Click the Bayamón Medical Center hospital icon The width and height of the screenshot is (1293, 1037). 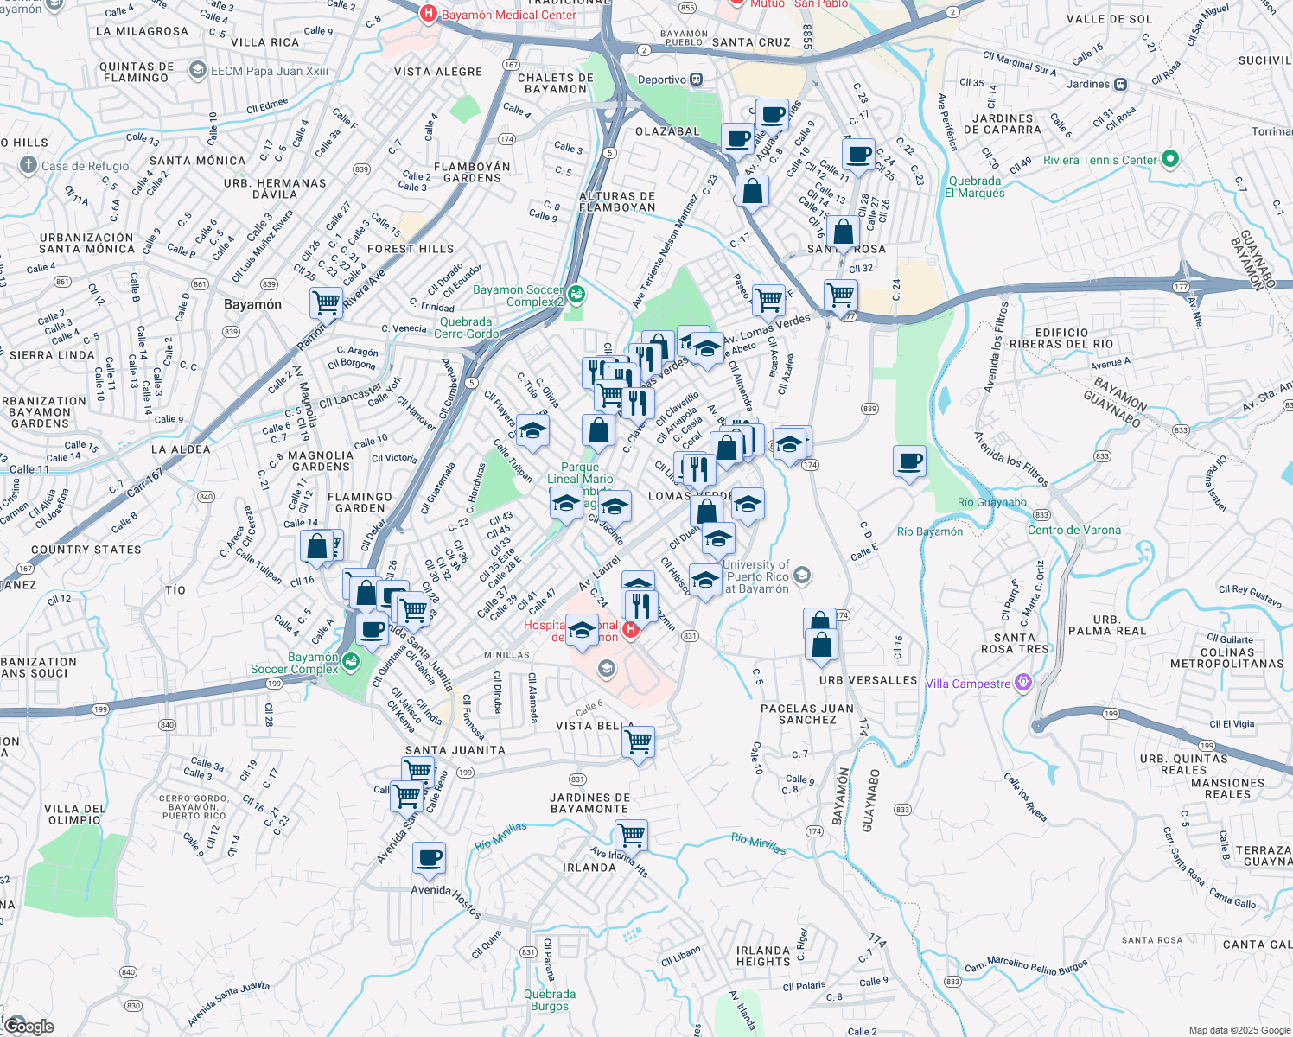[427, 14]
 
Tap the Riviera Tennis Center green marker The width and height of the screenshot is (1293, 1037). [1170, 159]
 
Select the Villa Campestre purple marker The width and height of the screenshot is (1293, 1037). [1023, 683]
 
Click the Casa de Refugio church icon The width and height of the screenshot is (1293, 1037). [29, 165]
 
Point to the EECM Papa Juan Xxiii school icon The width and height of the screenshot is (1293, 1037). [198, 70]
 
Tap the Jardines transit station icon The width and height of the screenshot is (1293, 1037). [1121, 84]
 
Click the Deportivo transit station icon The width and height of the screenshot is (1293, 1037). [697, 80]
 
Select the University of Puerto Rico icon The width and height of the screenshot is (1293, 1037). [802, 575]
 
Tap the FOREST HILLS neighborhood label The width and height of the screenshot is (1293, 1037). [411, 249]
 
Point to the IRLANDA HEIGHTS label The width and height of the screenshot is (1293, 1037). [763, 956]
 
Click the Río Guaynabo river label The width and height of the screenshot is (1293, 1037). [992, 502]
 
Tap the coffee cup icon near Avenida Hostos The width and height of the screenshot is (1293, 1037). [429, 859]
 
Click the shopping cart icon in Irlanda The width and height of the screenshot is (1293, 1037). [632, 836]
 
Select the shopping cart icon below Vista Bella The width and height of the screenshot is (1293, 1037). [639, 741]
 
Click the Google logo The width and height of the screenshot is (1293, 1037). [29, 1026]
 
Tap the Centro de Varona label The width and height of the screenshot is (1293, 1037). [1073, 530]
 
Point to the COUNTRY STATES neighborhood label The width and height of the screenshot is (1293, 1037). [86, 550]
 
